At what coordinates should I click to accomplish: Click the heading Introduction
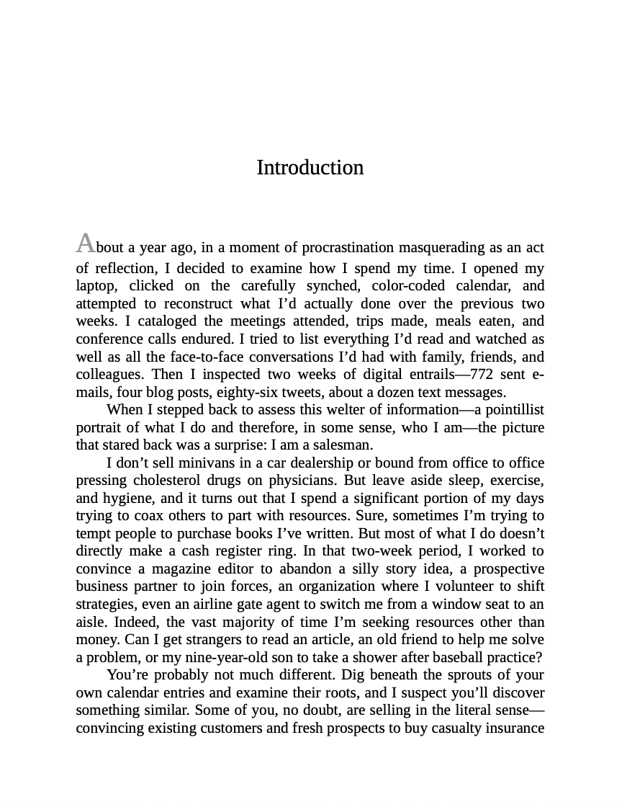point(310,168)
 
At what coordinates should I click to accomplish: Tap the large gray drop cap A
point(85,244)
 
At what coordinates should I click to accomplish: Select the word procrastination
point(348,248)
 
